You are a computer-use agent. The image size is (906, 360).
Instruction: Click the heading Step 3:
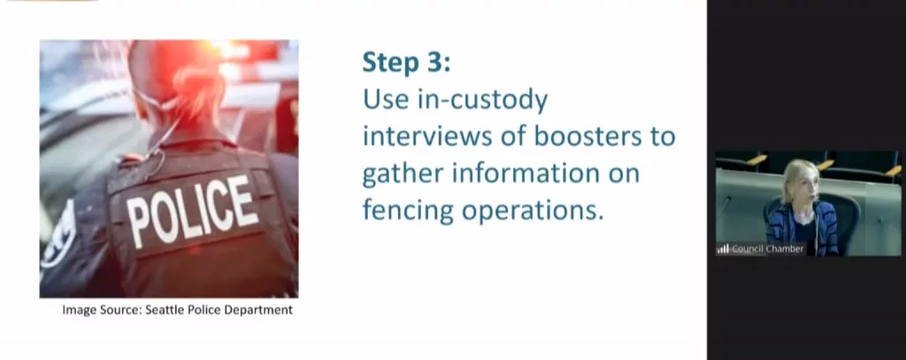406,63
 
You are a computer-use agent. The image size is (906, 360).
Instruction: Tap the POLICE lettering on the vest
192,211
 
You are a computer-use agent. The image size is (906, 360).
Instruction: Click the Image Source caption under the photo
177,310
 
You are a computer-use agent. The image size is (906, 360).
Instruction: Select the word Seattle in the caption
164,310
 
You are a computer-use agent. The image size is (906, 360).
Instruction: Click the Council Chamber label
767,249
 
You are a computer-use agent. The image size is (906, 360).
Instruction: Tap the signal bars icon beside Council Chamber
724,249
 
